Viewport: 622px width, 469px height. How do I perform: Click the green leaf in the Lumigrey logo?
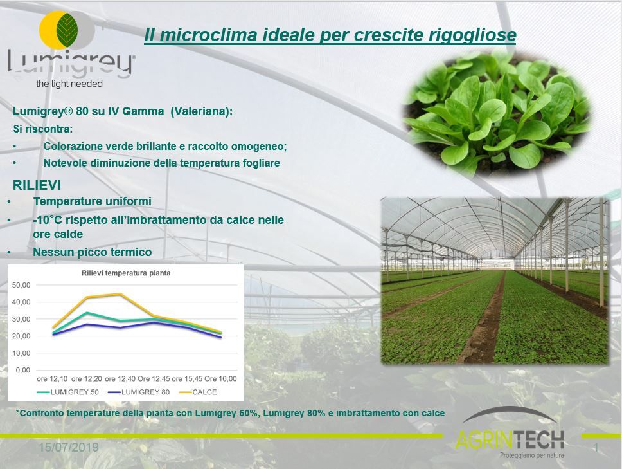(67, 30)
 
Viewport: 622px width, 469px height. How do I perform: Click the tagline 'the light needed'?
(69, 84)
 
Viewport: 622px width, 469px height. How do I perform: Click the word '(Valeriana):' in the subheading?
(202, 111)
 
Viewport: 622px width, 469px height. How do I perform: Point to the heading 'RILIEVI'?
(37, 185)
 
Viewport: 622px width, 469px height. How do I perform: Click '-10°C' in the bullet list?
(47, 219)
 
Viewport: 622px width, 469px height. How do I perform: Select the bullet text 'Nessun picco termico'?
(93, 252)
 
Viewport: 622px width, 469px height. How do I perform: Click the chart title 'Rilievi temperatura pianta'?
(126, 273)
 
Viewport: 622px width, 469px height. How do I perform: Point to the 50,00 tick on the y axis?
(21, 285)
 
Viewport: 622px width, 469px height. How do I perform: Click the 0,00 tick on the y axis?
(23, 370)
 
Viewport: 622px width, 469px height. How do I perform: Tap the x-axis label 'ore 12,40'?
(120, 379)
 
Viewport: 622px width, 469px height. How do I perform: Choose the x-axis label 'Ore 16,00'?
(220, 379)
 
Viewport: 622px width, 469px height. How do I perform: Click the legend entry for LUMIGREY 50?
(68, 392)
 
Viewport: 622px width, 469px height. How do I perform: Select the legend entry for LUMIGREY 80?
(139, 392)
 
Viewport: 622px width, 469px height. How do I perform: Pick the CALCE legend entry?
(198, 392)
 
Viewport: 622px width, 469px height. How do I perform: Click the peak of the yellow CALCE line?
(120, 294)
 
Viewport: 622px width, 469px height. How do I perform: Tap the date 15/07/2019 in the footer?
(69, 448)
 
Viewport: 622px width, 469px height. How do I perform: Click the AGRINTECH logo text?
(510, 439)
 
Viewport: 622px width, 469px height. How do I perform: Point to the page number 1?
(596, 448)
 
